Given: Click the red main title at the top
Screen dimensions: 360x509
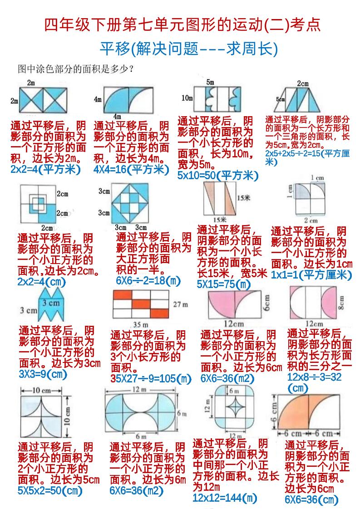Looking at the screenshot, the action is coord(182,25).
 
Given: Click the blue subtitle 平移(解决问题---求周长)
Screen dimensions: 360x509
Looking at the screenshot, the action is coord(189,49).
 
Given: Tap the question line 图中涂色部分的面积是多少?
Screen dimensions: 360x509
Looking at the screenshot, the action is coord(76,69).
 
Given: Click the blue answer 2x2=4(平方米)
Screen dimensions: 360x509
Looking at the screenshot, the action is coord(45,169).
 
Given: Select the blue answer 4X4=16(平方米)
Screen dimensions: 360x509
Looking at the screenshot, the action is coord(131,169).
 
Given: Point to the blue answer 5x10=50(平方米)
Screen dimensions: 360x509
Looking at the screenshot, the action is coord(218,175).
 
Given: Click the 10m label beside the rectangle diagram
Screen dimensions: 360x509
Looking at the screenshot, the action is coord(187,98).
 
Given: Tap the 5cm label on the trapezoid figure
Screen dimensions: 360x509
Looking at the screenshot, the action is coord(281,99).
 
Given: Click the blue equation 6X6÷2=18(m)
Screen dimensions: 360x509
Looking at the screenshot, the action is coord(148,280).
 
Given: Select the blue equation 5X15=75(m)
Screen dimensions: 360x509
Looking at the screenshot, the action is coord(223,284).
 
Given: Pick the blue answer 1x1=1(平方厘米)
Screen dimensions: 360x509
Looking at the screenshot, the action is coord(311,275).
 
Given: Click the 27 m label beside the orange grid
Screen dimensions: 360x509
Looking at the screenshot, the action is coord(180,304).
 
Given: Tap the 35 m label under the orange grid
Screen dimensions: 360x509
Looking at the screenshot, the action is coord(141,324).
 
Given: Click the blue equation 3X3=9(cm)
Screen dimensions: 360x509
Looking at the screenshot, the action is coord(43,374).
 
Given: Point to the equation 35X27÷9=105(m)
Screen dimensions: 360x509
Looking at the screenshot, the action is coord(151,378).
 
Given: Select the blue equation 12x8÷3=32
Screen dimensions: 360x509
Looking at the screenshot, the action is coord(314,377).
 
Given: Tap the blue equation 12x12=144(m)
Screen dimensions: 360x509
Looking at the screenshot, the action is coord(225,498).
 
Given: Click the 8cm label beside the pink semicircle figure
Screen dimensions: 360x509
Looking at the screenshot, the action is coord(341,302).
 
